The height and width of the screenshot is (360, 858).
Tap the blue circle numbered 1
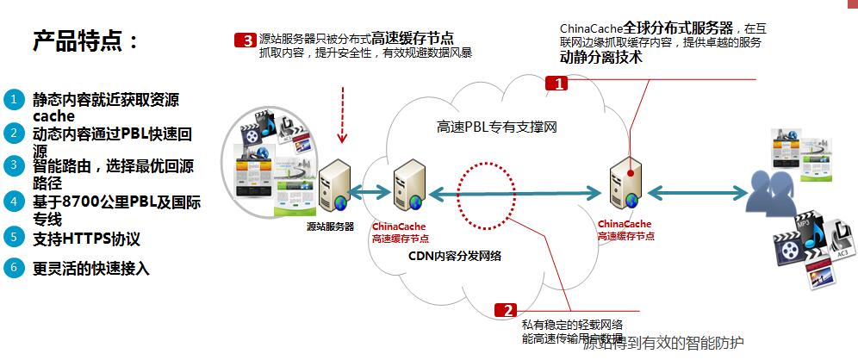(x=13, y=99)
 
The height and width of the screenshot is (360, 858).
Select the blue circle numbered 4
(x=13, y=202)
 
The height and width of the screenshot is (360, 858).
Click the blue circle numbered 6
(x=13, y=267)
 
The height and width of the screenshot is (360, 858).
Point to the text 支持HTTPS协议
(x=86, y=239)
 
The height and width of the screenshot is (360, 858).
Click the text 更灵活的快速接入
(x=91, y=269)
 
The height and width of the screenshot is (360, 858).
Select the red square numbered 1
(x=557, y=84)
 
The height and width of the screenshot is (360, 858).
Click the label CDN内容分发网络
(x=455, y=256)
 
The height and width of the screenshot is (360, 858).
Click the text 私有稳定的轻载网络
(x=572, y=324)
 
